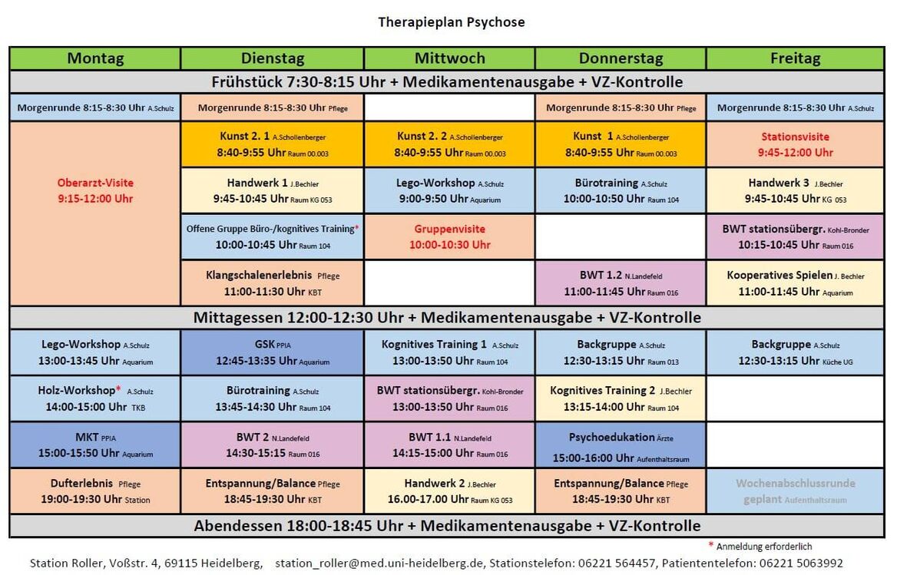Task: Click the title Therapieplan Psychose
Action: [451, 22]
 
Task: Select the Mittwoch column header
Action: [449, 58]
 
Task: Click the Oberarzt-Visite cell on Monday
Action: [95, 190]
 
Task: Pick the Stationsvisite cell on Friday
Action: [795, 144]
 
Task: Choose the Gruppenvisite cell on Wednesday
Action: [449, 237]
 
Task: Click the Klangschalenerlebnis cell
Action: [273, 283]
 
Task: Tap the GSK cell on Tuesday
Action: [273, 352]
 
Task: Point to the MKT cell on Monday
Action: [95, 445]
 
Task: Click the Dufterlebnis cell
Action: [95, 491]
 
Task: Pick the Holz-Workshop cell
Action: [95, 398]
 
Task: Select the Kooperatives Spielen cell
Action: [795, 283]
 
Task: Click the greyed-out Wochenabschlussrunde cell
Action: [795, 491]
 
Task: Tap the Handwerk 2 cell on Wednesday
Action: [449, 491]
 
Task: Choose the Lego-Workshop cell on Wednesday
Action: [449, 190]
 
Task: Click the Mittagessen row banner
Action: [447, 317]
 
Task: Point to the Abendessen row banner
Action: [447, 526]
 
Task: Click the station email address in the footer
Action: [379, 563]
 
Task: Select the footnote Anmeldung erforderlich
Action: [763, 547]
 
